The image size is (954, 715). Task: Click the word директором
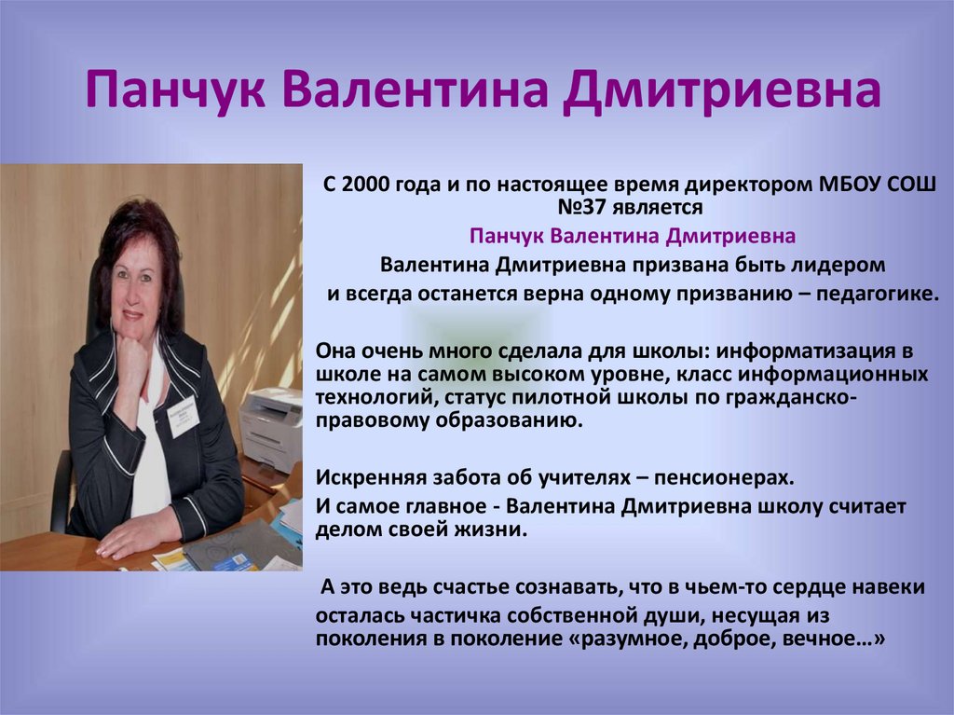coord(729,186)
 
